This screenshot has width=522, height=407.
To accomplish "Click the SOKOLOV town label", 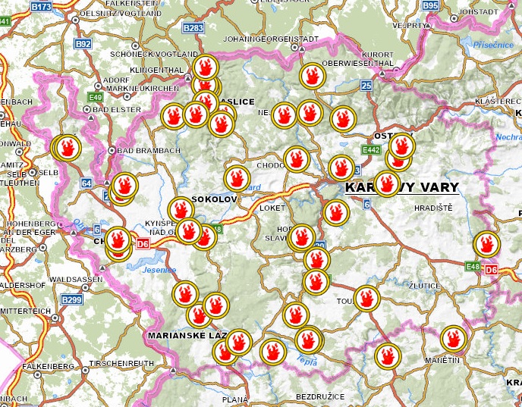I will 215,199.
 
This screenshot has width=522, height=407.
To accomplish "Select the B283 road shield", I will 194,28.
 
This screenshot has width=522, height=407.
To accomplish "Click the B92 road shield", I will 83,44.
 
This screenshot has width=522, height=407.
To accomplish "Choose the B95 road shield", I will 430,5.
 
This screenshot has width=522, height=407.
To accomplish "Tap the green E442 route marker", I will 371,151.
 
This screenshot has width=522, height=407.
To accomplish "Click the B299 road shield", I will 71,300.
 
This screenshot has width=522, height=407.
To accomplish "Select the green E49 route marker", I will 96,97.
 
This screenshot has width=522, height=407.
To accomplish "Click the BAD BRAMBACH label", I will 149,150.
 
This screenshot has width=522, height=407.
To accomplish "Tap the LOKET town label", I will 271,205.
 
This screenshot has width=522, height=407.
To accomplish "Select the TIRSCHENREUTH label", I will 122,365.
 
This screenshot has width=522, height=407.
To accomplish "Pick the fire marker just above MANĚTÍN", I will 453,338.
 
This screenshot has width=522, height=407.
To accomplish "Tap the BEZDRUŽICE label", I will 319,396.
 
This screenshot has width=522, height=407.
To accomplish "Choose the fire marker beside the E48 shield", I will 486,244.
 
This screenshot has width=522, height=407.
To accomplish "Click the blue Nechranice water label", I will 508,138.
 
